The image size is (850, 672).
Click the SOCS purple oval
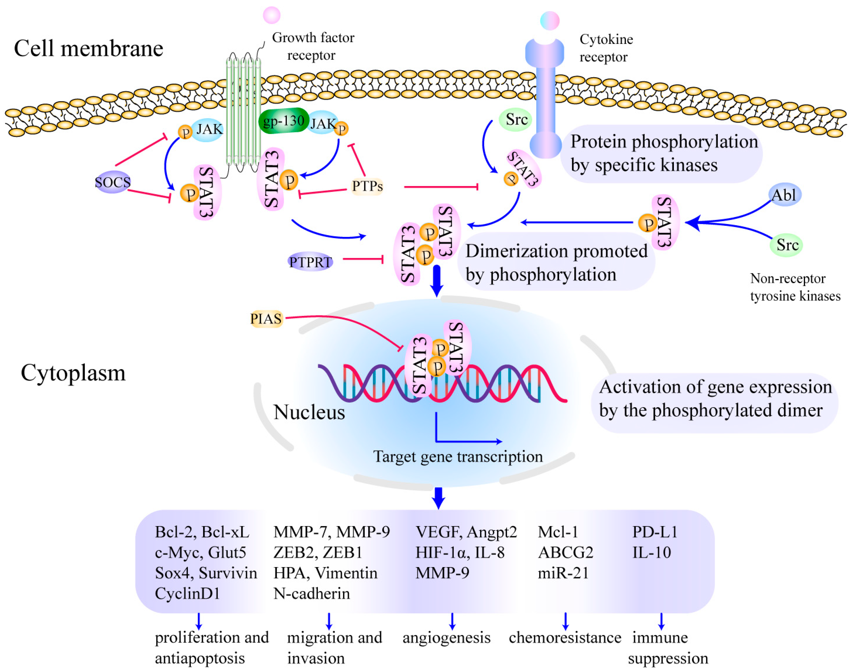click(x=113, y=182)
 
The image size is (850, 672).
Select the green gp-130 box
click(x=283, y=121)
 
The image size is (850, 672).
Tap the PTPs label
click(x=367, y=186)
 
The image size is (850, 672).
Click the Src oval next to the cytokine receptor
click(x=516, y=120)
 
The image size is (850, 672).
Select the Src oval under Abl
click(x=786, y=245)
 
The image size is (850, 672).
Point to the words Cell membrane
click(x=89, y=48)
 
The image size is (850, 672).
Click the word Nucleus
click(x=309, y=412)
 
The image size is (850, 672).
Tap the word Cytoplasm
click(x=73, y=373)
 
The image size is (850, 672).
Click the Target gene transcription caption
click(x=458, y=457)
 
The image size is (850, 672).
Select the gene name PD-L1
click(x=655, y=532)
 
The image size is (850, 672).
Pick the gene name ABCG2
click(x=565, y=552)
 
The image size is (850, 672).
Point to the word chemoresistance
click(x=565, y=637)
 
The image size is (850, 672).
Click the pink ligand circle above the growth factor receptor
click(x=272, y=15)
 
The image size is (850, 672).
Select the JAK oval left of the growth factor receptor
click(x=207, y=129)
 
